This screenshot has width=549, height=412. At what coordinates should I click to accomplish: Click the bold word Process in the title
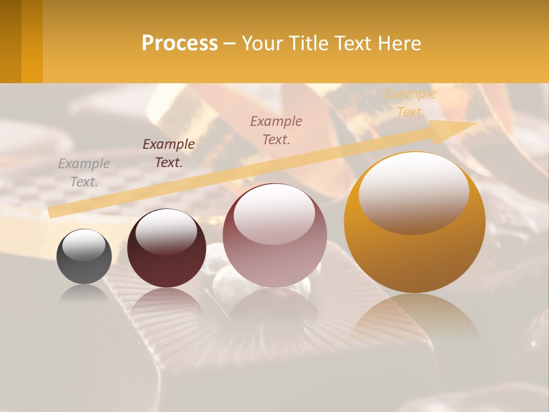click(180, 43)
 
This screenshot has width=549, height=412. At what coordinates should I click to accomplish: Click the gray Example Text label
click(84, 172)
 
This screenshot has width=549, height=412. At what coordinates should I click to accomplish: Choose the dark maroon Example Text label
click(169, 153)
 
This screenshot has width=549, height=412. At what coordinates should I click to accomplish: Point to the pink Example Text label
click(276, 130)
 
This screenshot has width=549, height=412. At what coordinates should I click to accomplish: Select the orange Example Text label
click(411, 102)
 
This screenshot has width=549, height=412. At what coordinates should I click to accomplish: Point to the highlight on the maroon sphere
click(166, 231)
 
